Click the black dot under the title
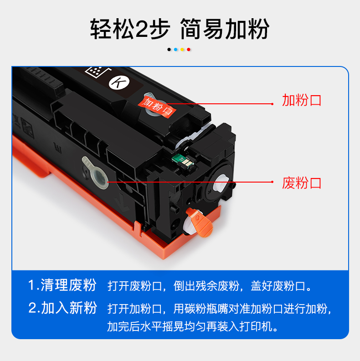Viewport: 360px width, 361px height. pos(169,50)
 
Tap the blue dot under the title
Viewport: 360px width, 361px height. pos(175,50)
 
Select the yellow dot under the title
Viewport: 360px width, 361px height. pos(182,50)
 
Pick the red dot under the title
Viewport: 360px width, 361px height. pos(189,50)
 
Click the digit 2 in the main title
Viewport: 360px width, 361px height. pos(141,29)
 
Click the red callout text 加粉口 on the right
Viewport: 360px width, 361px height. pos(302,100)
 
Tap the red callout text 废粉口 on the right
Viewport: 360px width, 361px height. pos(302,183)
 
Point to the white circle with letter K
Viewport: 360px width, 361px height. pos(119,82)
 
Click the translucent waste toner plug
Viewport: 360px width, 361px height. pos(95,173)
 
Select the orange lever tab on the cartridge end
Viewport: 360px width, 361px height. pos(200,222)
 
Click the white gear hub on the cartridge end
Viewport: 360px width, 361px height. pos(221,183)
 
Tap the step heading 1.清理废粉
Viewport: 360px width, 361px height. pos(62,285)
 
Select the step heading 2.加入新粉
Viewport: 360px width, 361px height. pos(62,308)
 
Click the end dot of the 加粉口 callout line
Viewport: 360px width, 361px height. pos(272,104)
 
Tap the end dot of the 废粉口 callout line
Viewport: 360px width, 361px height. pos(272,182)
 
